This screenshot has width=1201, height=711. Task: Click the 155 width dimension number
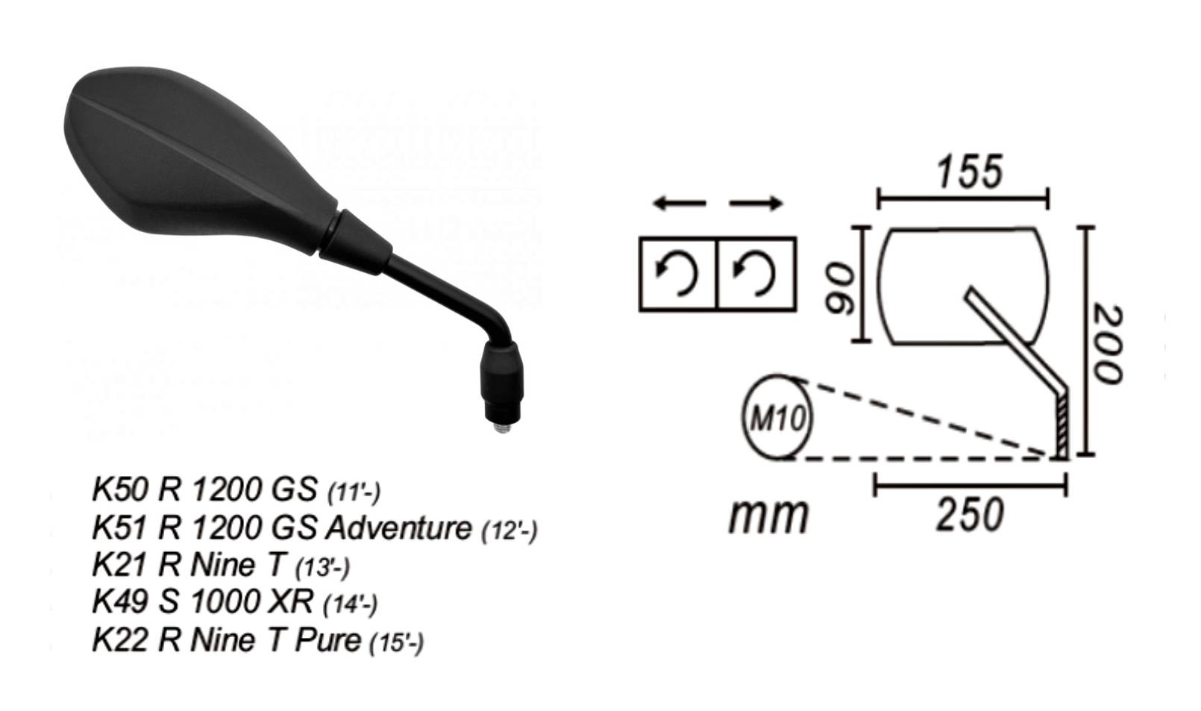(x=969, y=172)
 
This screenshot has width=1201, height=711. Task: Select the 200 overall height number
(x=1106, y=342)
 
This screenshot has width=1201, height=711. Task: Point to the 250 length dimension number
(x=969, y=515)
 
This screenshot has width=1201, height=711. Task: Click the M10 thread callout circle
(x=777, y=419)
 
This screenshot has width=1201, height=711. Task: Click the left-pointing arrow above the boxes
(x=678, y=203)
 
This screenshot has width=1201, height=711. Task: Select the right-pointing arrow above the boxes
(x=756, y=203)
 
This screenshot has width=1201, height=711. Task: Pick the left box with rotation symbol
(x=677, y=274)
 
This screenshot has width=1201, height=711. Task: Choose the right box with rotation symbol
(x=756, y=274)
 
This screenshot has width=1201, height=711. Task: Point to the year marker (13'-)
(x=322, y=568)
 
